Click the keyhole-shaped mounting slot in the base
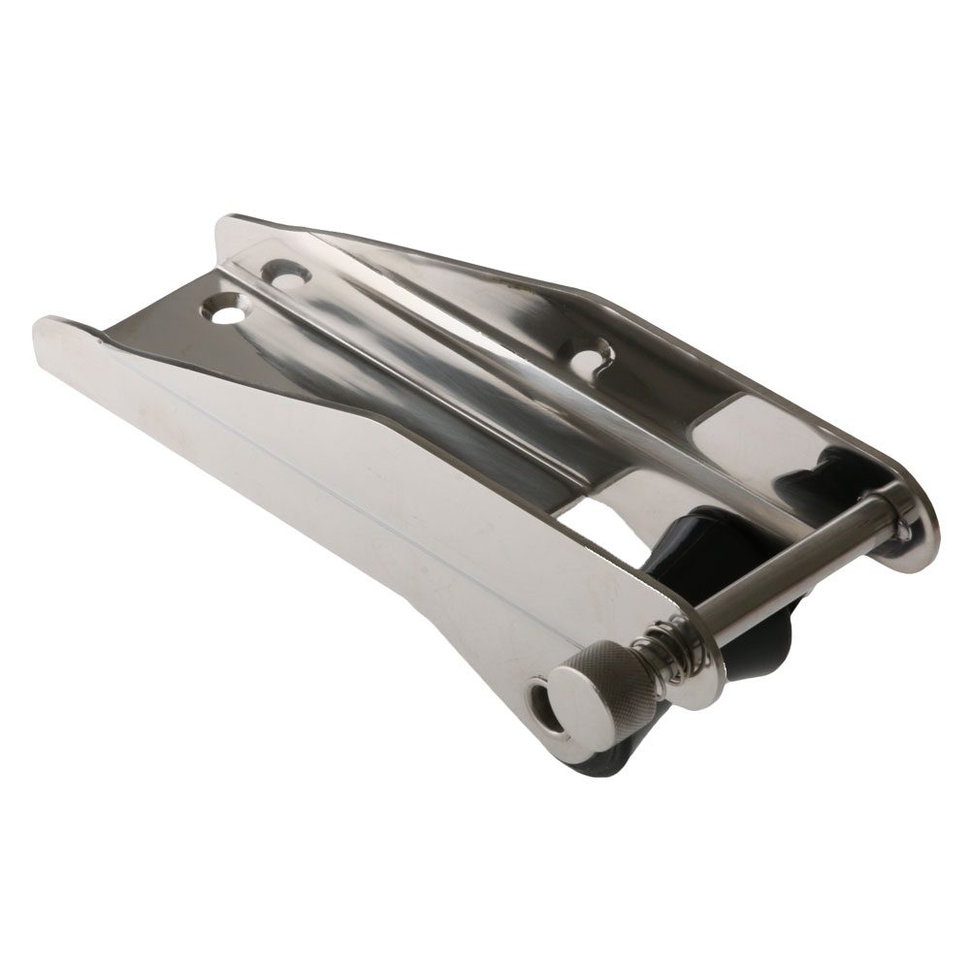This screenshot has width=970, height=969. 590,360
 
